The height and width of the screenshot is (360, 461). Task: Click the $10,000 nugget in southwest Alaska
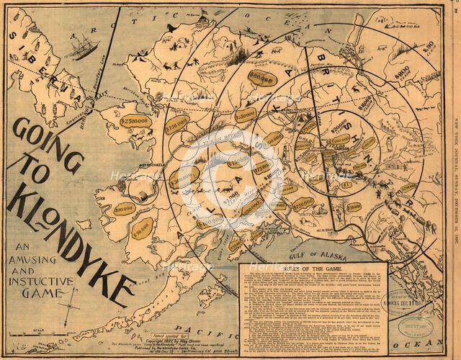[x=129, y=207]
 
